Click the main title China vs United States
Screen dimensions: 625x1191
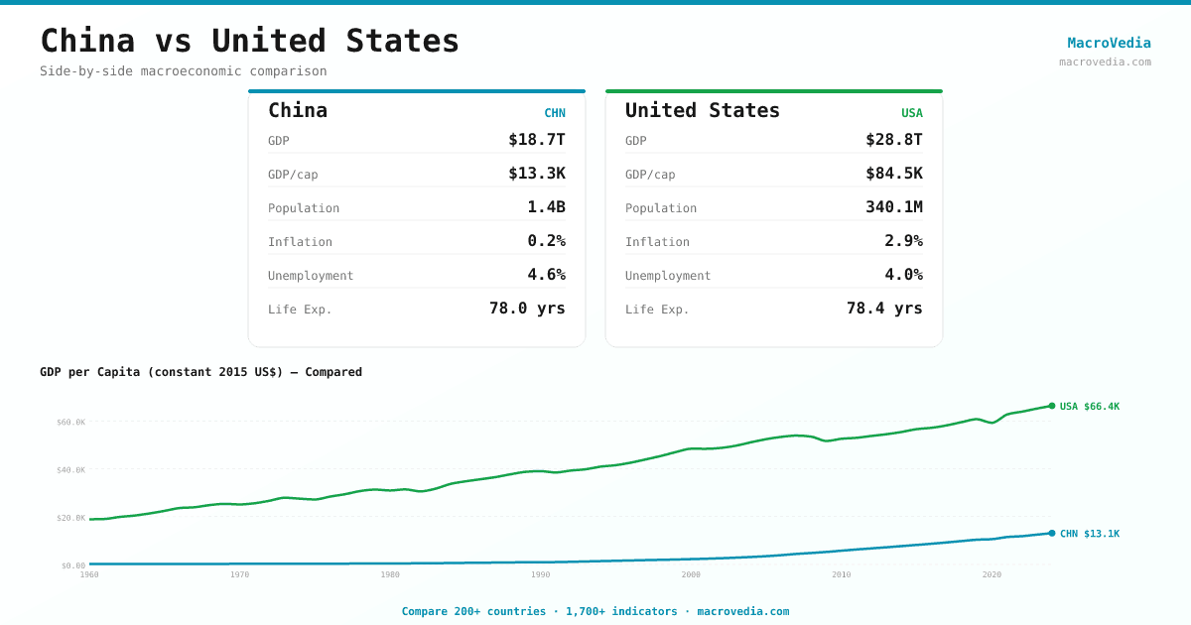click(249, 41)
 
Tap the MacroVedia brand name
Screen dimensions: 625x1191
click(1109, 43)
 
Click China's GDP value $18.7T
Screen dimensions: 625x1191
click(536, 140)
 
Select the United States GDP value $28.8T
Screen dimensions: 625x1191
click(893, 140)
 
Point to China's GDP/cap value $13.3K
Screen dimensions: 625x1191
click(536, 174)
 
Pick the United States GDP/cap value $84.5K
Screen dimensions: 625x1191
click(893, 174)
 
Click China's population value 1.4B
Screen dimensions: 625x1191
click(546, 207)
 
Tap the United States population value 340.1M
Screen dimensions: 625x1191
click(893, 207)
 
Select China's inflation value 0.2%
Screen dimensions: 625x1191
click(546, 241)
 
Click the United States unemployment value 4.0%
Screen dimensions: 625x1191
click(903, 275)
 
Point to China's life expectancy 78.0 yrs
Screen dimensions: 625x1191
click(527, 309)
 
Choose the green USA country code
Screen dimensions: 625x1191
click(911, 113)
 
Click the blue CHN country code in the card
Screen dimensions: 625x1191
click(554, 113)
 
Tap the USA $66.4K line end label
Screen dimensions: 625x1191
click(1089, 407)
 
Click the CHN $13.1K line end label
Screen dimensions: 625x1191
click(1089, 534)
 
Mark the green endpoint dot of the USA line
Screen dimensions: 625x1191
click(1052, 406)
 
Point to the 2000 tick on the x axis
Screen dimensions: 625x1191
click(691, 574)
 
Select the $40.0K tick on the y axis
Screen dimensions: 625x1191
click(70, 470)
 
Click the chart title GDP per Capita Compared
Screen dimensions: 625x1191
click(200, 372)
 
